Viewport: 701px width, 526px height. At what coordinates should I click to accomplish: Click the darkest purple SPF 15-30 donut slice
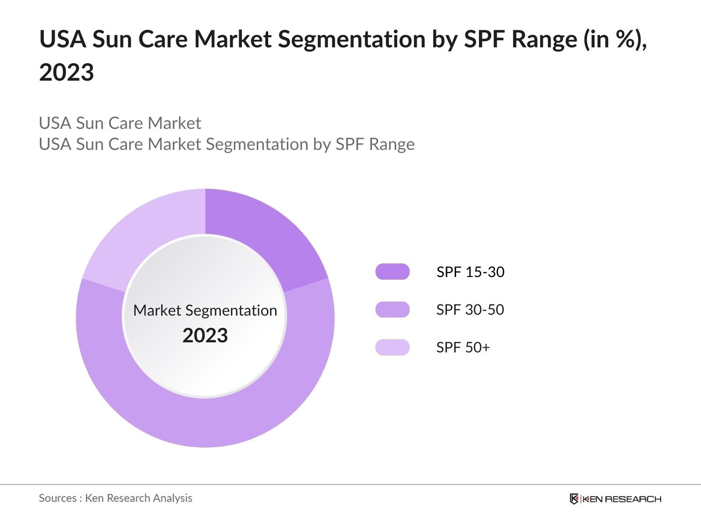tap(263, 237)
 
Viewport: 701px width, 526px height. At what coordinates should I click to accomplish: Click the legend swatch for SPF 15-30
tap(392, 272)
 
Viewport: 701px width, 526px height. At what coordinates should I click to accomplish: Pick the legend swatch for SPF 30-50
tap(392, 309)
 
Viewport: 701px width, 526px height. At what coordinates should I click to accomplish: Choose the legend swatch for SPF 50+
tap(392, 347)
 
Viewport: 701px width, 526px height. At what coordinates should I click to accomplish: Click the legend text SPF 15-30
tap(470, 272)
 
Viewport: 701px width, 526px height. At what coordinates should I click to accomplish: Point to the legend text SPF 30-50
tap(470, 309)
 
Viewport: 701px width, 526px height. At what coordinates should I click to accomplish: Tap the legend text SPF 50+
tap(463, 347)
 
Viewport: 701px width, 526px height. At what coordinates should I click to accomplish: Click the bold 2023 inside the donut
tap(205, 335)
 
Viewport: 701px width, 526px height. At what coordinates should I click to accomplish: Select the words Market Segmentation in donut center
tap(205, 310)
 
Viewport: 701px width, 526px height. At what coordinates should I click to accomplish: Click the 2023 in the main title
tap(67, 72)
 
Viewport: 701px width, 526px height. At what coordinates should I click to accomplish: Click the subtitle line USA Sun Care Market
tap(120, 123)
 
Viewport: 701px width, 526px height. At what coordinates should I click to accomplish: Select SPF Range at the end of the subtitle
tap(375, 144)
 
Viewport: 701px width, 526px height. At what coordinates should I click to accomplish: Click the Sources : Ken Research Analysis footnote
tap(115, 498)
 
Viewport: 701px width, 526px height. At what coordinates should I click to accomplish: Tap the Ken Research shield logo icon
tap(574, 499)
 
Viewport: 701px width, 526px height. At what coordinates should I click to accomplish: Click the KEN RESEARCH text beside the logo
tap(621, 499)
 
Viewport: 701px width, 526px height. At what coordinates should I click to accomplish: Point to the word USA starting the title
tap(62, 39)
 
